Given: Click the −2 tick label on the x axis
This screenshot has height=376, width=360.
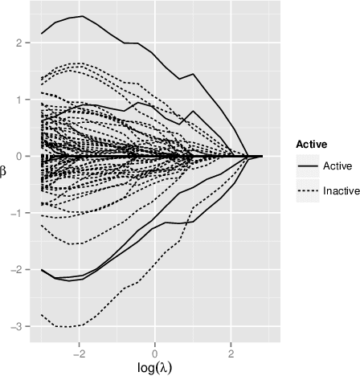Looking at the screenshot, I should point(78,354).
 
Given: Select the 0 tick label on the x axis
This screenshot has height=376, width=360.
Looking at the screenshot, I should point(155,354).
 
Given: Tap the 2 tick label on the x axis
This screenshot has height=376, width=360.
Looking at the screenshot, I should point(231,354).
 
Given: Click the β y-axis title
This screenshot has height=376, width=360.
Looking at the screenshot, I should point(5,169).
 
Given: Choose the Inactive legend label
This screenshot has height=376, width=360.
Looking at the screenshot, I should point(341,191).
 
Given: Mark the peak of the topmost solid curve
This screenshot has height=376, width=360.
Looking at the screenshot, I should point(81,16).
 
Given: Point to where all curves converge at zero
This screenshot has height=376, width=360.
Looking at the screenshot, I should point(249,156).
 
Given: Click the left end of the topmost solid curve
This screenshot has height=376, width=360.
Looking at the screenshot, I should point(41,34).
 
